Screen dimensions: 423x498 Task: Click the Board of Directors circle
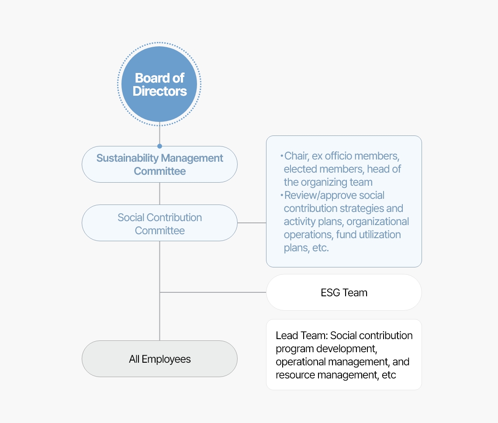pyautogui.click(x=159, y=84)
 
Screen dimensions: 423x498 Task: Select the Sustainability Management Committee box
pyautogui.click(x=159, y=164)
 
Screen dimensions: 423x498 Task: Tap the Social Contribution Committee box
pyautogui.click(x=159, y=223)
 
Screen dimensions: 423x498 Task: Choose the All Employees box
pyautogui.click(x=159, y=359)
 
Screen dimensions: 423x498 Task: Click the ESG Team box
pyautogui.click(x=344, y=292)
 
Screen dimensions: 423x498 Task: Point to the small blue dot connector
pyautogui.click(x=159, y=146)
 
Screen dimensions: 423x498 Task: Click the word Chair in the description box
pyautogui.click(x=296, y=156)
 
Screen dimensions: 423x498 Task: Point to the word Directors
pyautogui.click(x=159, y=91)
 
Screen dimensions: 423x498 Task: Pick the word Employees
pyautogui.click(x=166, y=359)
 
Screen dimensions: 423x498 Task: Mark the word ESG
pyautogui.click(x=331, y=292)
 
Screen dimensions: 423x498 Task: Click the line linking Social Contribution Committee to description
pyautogui.click(x=252, y=223)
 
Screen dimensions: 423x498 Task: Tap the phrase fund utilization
pyautogui.click(x=368, y=235)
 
